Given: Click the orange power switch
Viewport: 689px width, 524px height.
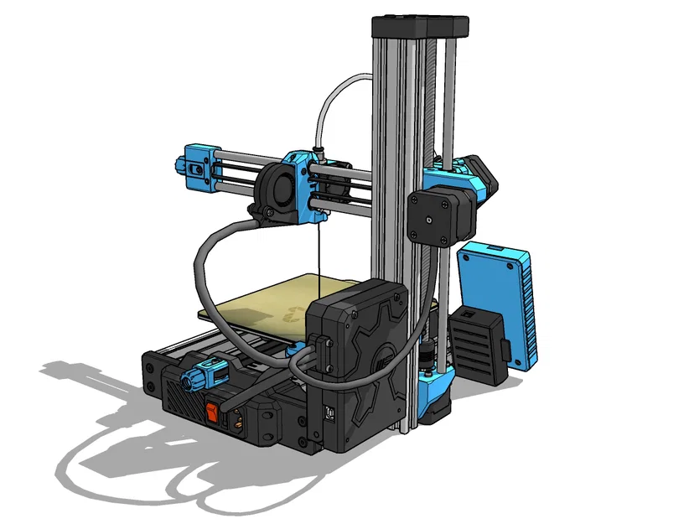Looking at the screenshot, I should [214, 412].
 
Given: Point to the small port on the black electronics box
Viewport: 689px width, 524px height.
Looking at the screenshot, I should [329, 413].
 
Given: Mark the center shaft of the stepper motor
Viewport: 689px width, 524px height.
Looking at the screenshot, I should [429, 220].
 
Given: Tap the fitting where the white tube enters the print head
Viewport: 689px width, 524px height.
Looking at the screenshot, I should [318, 153].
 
